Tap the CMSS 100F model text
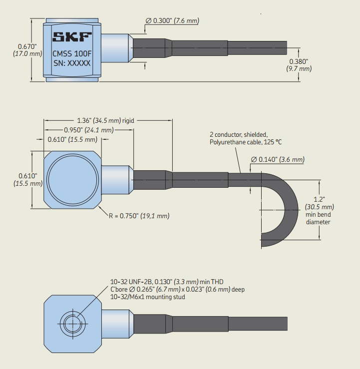pos(72,53)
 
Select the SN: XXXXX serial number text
pos(72,63)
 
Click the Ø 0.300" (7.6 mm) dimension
pos(172,20)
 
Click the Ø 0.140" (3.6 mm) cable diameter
pos(278,159)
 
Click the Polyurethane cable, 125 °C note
pos(245,142)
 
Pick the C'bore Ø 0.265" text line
pos(177,290)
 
